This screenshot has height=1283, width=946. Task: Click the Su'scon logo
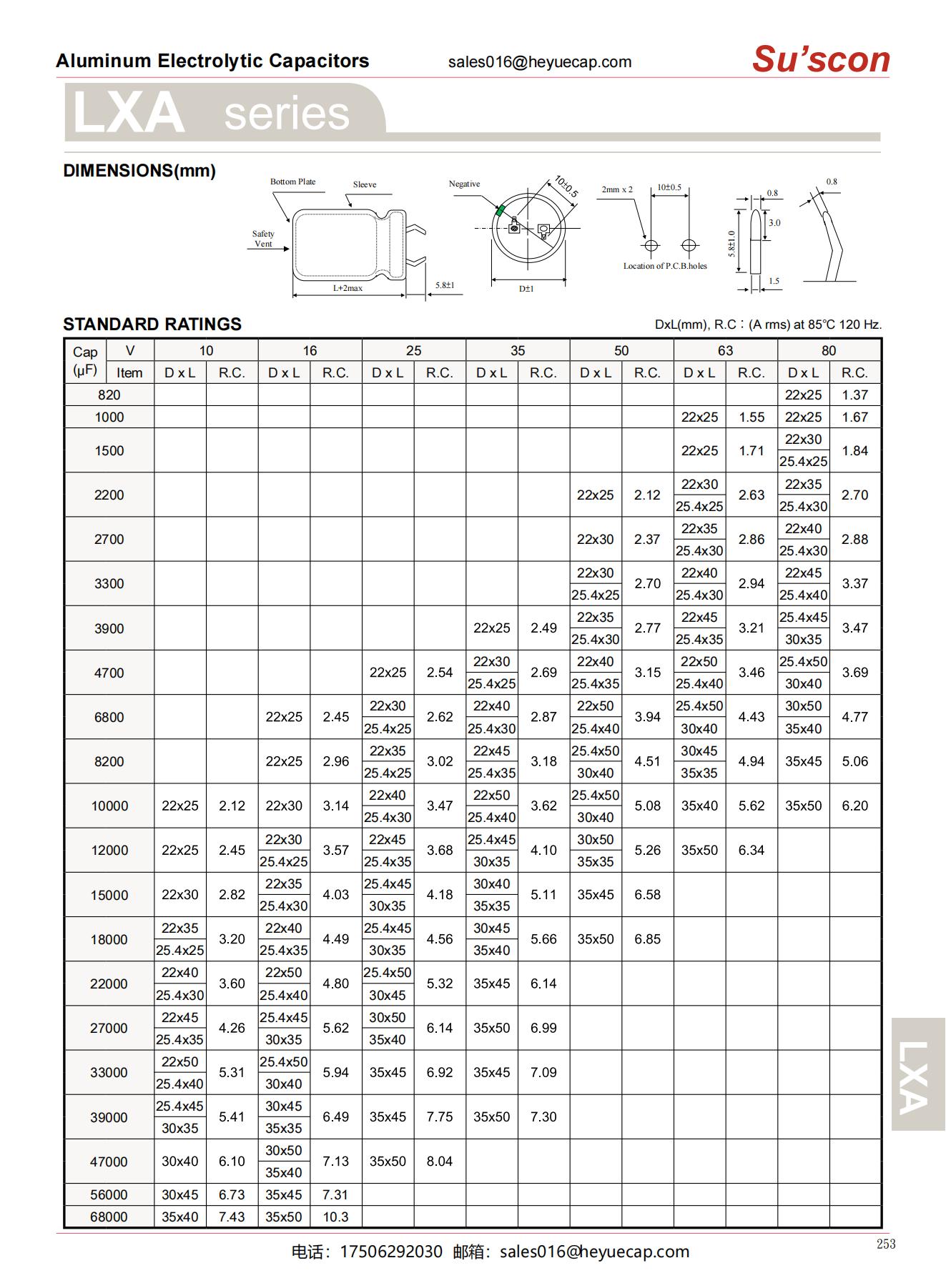pos(820,59)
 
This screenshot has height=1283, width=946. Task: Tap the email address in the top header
pos(540,62)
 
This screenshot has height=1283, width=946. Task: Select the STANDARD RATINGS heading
pos(152,324)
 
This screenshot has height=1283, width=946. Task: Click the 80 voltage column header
pos(828,350)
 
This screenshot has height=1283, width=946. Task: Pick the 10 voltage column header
pos(206,350)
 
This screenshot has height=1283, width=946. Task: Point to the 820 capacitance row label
pos(109,395)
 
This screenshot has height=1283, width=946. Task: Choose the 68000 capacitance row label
pos(109,1217)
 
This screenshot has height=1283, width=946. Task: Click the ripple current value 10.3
pos(335,1217)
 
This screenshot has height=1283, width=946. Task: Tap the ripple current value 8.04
pos(439,1161)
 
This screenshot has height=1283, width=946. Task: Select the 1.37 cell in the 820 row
pos(854,395)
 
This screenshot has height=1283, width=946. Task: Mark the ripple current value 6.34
pos(751,850)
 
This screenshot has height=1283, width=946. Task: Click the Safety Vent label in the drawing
pos(263,239)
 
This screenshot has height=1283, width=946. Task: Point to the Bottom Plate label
pos(292,182)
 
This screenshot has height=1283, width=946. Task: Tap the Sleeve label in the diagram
pos(364,184)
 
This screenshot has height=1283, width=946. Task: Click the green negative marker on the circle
pos(501,210)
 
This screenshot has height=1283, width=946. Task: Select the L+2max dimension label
pos(348,288)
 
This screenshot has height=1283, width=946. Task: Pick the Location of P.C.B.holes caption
pos(664,266)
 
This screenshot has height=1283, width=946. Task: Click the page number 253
pos(885,1244)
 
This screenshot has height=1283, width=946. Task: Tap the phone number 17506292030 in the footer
pos(391,1252)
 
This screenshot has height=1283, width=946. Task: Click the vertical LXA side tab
pos(917,1076)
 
